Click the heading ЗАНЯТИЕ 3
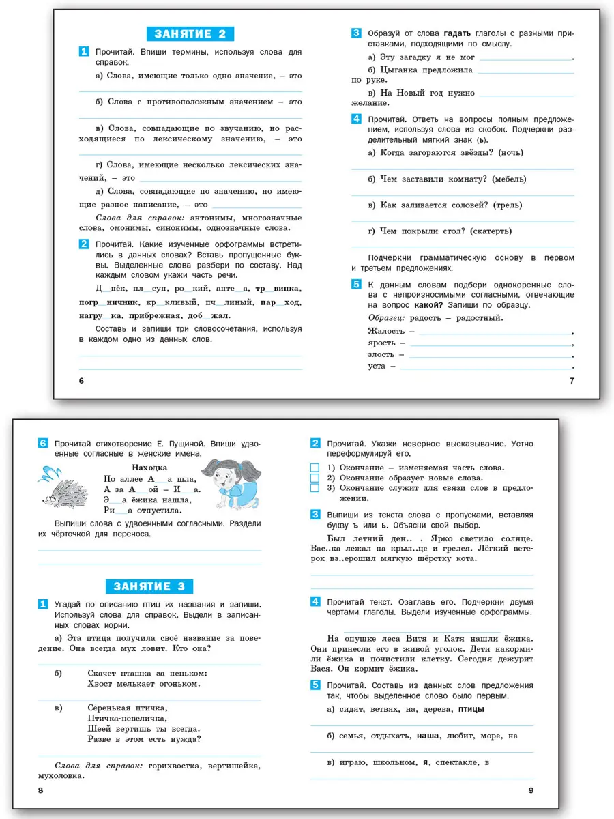click(x=149, y=586)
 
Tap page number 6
click(x=81, y=380)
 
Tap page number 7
click(x=572, y=380)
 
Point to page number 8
click(x=40, y=790)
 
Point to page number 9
click(x=531, y=790)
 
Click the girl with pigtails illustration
click(x=228, y=485)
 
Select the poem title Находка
click(x=148, y=468)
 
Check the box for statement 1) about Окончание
click(x=315, y=468)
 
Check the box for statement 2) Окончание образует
click(x=315, y=478)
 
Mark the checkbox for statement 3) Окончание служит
click(x=315, y=488)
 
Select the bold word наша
click(x=427, y=736)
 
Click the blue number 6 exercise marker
click(x=42, y=444)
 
